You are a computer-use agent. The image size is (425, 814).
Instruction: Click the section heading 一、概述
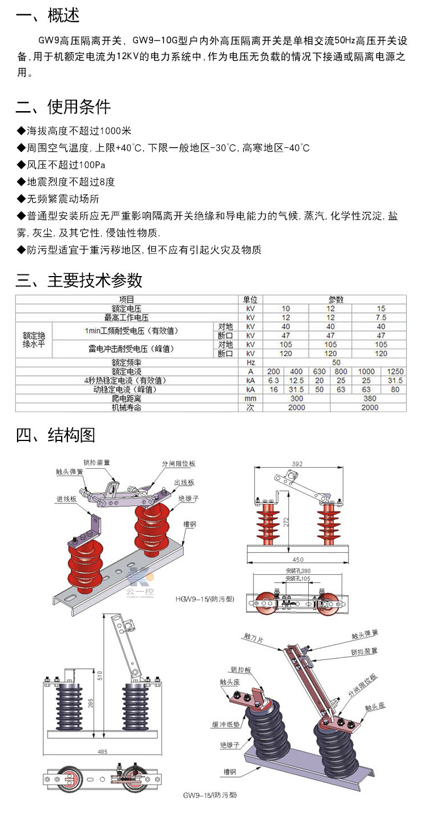pos(48,16)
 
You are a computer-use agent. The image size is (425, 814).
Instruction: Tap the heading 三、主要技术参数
pos(79,280)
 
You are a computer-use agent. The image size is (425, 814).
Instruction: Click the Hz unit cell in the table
pos(250,362)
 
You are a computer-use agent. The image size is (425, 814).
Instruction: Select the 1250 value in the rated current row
pos(395,371)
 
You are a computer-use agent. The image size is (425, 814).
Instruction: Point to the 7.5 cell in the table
pos(381,317)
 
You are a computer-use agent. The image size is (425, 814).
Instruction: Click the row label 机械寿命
pos(126,407)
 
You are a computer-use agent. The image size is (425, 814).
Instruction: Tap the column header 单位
pos(250,299)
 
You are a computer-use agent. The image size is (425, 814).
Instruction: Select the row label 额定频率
pos(126,362)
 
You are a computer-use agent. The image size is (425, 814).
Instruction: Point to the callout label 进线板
pos(66,499)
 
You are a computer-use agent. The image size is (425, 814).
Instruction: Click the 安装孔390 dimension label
pos(299,571)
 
